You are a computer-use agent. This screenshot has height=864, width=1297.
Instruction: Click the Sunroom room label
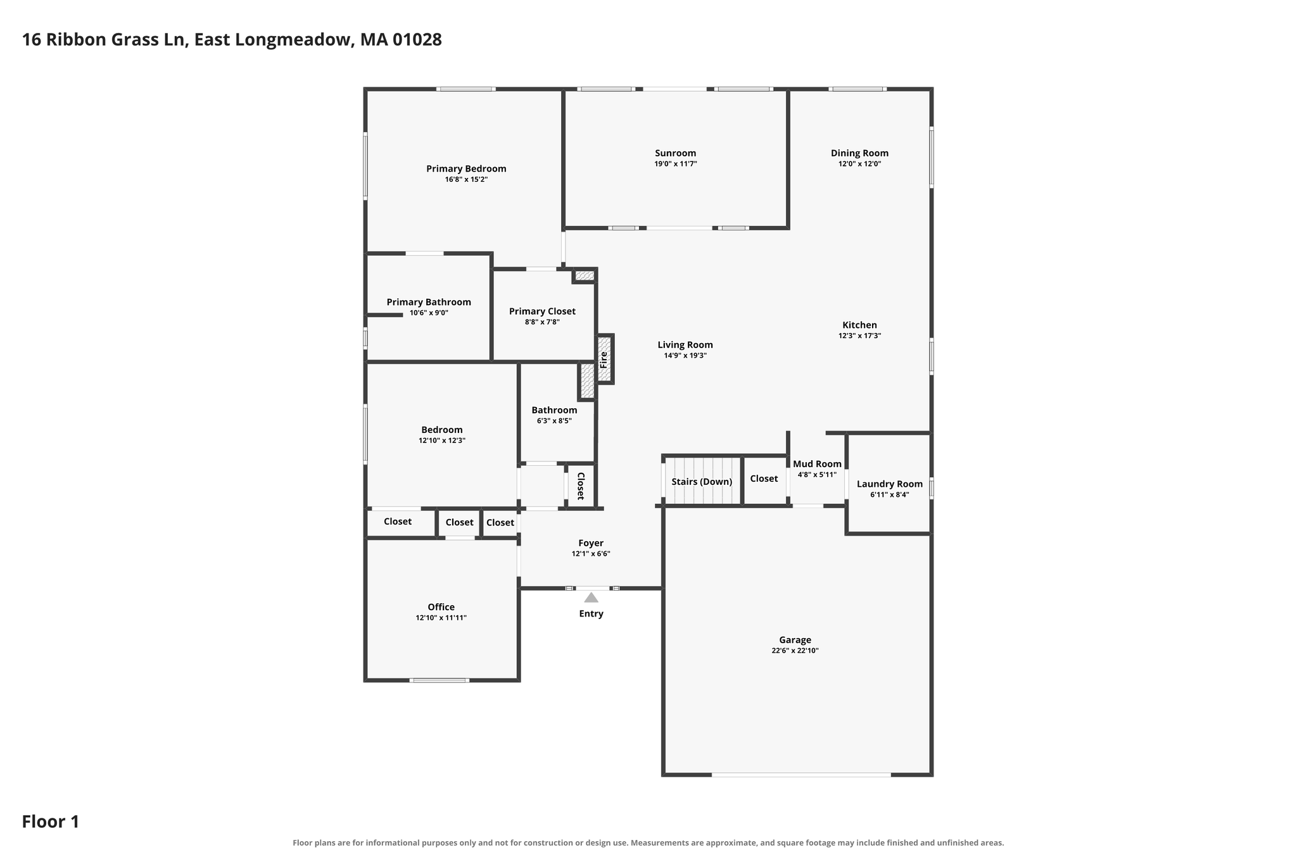(675, 153)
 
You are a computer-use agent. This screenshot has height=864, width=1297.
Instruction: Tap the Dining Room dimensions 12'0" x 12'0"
(859, 164)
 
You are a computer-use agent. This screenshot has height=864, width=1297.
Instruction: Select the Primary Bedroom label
(466, 169)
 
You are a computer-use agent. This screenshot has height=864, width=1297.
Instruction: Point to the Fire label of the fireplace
(604, 360)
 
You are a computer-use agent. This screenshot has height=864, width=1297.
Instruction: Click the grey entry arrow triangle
(591, 598)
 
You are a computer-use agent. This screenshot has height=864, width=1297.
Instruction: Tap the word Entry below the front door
(591, 614)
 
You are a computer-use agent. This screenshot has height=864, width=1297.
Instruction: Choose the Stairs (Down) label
(702, 482)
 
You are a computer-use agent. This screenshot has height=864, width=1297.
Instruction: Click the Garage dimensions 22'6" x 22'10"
(795, 651)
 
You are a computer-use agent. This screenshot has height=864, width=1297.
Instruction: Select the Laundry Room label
(889, 484)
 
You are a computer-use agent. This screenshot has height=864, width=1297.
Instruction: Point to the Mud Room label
(817, 464)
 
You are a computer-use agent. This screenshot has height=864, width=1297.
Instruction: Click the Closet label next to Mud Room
(764, 479)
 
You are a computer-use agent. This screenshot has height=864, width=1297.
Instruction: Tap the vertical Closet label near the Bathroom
(580, 485)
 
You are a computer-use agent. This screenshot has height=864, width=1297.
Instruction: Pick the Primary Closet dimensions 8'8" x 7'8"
(542, 322)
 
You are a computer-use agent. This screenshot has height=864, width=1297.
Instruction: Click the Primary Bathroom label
(429, 303)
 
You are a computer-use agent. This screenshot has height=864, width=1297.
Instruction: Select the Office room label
(441, 608)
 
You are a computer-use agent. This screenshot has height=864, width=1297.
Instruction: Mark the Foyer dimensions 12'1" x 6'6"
(591, 554)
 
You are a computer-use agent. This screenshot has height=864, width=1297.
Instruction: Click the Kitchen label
(859, 325)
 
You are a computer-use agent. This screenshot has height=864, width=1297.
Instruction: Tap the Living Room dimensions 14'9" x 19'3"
(685, 356)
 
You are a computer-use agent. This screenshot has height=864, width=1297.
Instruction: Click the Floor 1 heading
(51, 822)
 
